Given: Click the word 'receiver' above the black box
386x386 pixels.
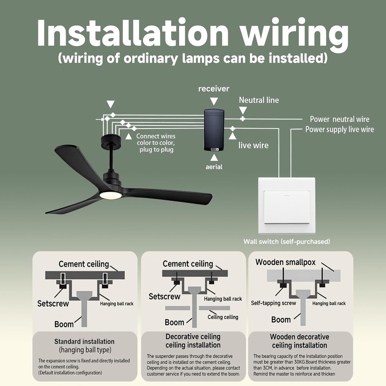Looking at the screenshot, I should point(214,89).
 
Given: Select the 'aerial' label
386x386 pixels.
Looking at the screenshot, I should point(214,167).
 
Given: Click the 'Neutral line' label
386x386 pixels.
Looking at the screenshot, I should point(259,100).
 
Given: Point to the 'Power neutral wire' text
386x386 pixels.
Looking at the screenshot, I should point(339,119).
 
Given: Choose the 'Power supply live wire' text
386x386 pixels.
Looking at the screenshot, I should point(339,130).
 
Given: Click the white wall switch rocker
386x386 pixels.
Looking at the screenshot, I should point(287,207).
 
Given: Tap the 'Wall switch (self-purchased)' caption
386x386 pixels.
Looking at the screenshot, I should point(286,242).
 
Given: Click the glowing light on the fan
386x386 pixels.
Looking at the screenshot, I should point(110,195).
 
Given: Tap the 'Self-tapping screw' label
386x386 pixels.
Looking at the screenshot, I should point(274,303).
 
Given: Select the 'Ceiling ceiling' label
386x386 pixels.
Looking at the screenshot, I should point(223,317).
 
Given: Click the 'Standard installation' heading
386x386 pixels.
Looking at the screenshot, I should point(84,342).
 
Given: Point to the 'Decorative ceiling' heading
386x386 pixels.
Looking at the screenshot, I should point(193,337).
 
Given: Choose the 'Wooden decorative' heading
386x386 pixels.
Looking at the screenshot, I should point(299,337).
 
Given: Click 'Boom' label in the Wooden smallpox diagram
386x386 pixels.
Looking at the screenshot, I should point(281,320).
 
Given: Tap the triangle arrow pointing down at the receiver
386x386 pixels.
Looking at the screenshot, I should point(214,101).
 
